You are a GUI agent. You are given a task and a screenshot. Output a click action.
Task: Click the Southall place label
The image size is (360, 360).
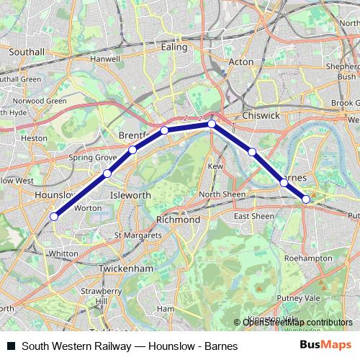coord(27,52)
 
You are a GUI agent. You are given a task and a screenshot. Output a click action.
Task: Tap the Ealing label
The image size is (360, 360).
coord(174,47)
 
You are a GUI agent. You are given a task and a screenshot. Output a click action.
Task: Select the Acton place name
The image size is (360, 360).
coord(240,62)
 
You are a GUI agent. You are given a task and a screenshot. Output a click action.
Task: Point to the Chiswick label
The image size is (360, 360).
coord(261,114)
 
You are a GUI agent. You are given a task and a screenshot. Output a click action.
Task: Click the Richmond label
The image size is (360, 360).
coord(178,220)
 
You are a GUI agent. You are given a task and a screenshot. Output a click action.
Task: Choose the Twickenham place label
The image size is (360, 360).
coord(129,268)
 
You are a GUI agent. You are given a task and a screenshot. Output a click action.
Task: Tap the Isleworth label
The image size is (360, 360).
coord(130,195)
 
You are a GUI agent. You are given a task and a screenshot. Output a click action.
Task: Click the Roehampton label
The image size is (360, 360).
coord(308,257)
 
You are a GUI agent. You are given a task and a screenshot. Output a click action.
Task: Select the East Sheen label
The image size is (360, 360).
coord(253,216)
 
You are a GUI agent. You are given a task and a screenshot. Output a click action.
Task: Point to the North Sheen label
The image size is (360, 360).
coord(222,194)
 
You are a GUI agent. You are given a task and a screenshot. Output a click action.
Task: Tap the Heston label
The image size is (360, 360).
coord(35,137)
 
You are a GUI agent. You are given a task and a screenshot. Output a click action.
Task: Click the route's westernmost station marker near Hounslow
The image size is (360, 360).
coord(54,215)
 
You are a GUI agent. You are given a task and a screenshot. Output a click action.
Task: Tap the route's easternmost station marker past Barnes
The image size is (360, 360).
coord(306,199)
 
